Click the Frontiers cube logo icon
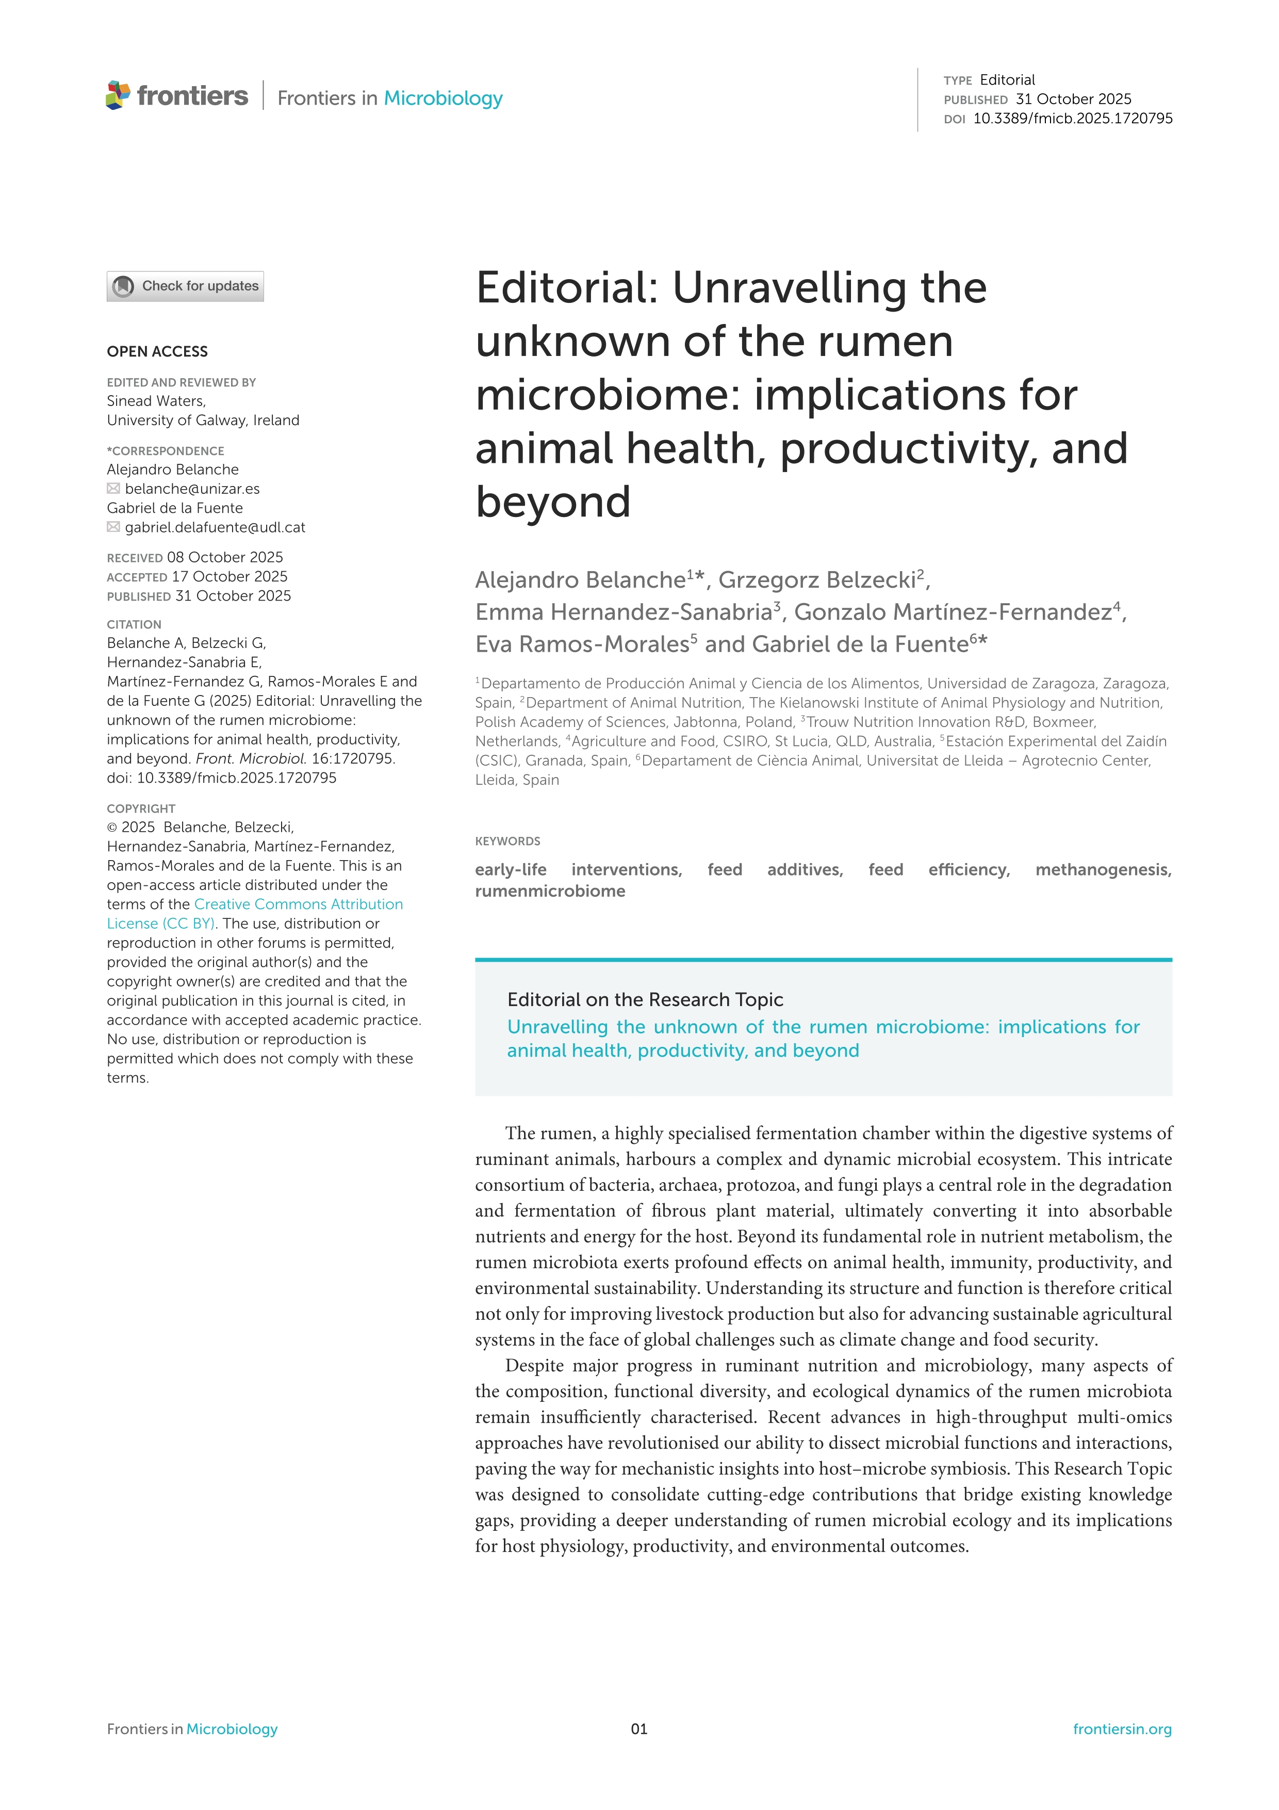pos(118,95)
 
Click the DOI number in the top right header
pos(1073,118)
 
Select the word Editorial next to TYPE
pos(1007,79)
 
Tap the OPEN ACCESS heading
pos(158,351)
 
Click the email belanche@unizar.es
pos(192,489)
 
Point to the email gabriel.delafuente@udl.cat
pos(215,527)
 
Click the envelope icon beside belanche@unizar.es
pos(113,489)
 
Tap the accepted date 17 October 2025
pos(229,576)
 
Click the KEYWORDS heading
pos(507,841)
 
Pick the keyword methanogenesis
pos(1103,869)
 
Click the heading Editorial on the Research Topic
pos(645,999)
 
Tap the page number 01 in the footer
pos(639,1729)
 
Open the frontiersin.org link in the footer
pos(1121,1729)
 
